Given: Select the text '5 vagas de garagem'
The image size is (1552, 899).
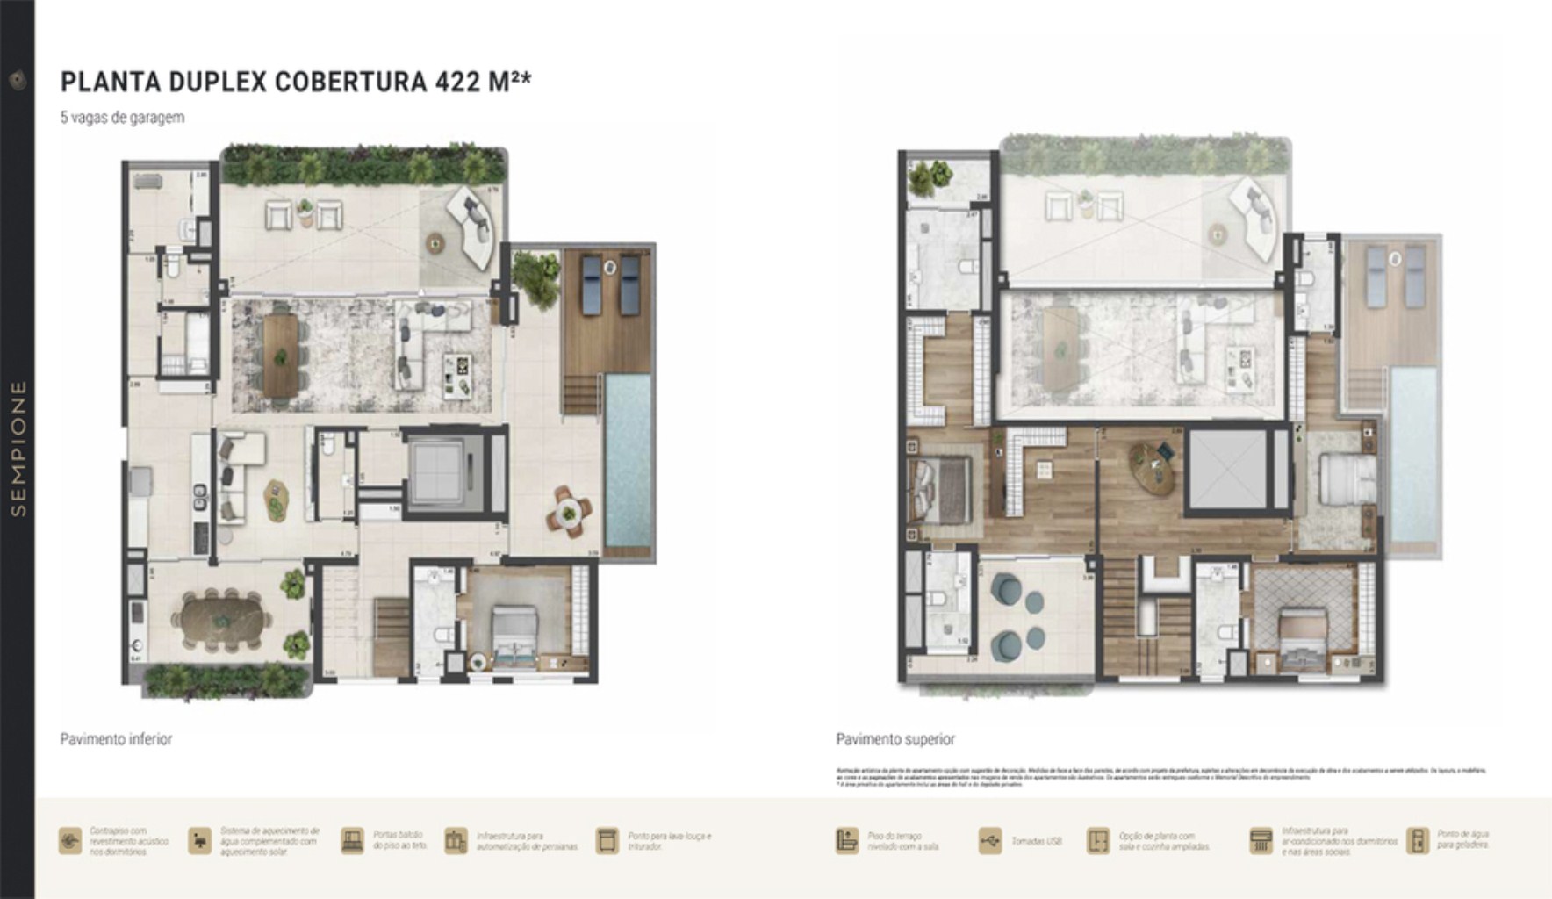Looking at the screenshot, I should (122, 117).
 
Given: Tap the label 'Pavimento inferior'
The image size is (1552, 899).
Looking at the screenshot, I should (116, 739).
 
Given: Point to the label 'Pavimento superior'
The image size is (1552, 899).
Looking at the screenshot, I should (895, 739).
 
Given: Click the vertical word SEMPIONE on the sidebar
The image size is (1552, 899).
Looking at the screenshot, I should (18, 448).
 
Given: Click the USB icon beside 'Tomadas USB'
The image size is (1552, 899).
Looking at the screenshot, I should (989, 841).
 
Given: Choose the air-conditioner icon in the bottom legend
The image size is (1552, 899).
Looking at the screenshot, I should (1261, 841).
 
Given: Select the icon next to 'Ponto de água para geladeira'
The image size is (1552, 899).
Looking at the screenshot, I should (1417, 841).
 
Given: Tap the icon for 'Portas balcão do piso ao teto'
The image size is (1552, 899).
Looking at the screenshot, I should (352, 841).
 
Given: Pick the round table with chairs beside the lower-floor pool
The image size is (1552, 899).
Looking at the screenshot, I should (569, 512).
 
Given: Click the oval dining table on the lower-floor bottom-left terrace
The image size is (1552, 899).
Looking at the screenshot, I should (223, 620).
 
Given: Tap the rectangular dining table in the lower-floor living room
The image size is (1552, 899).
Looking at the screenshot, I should (280, 356).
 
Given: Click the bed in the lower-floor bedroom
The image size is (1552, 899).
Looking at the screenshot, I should (514, 636).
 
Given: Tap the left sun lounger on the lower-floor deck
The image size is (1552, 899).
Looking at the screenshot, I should (592, 284).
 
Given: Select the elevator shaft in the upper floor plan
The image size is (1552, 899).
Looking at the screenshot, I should (1227, 469).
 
